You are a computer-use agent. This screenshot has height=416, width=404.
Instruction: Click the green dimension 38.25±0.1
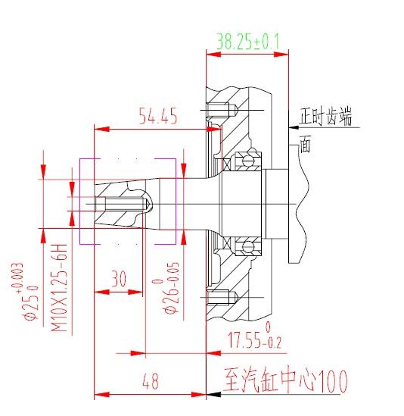(248, 42)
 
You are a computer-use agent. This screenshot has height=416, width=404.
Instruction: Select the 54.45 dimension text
(158, 116)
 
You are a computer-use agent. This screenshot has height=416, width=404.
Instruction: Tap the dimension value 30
(119, 279)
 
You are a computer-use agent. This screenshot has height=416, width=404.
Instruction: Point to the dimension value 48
(151, 381)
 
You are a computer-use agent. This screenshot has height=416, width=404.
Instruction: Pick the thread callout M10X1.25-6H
(59, 288)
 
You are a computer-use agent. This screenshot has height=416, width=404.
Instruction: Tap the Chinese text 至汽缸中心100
(285, 381)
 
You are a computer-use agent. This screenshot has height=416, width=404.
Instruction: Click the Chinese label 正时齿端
(325, 116)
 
